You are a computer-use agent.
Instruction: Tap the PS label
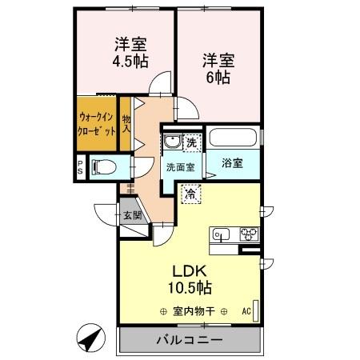[81, 167]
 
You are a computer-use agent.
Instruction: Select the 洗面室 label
[180, 167]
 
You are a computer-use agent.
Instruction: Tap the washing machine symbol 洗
[192, 142]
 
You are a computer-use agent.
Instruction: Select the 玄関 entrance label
[132, 214]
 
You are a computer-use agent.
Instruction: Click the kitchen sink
[222, 234]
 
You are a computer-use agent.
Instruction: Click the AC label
[246, 312]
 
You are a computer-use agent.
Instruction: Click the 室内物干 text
[195, 311]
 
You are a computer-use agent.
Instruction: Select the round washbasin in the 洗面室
[172, 143]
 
